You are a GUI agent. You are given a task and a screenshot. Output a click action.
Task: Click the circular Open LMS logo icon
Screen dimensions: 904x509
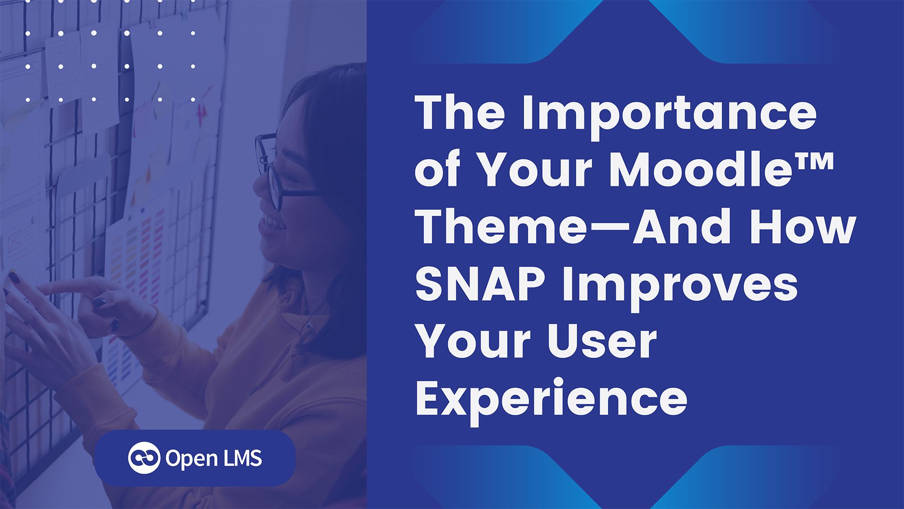click(144, 458)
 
